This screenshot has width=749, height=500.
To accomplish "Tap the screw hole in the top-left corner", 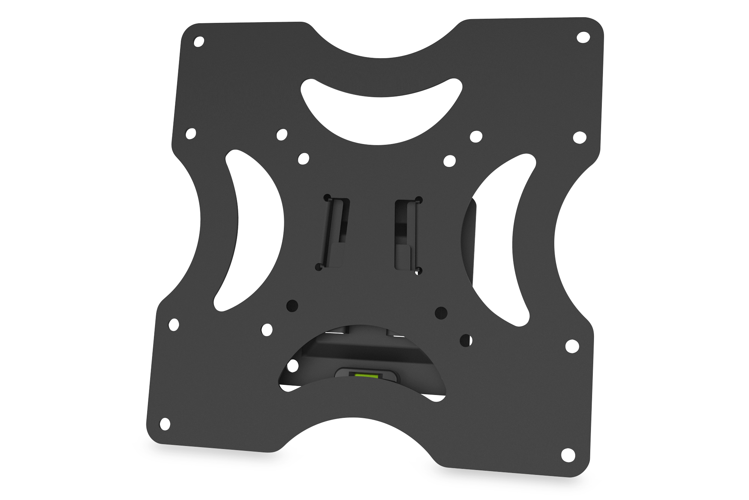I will pos(199,41).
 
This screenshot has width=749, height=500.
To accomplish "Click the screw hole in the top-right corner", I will pos(583,38).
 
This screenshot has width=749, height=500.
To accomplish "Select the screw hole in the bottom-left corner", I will pos(165,425).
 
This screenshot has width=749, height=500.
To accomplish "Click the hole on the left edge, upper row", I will pos(191,133).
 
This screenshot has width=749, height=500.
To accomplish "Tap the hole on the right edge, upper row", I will pos(579,138).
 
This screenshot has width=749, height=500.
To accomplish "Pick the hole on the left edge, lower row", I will pos(174,325).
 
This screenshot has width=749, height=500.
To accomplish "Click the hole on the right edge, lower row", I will pos(571,346).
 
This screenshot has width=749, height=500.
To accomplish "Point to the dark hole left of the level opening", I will pos(292,305).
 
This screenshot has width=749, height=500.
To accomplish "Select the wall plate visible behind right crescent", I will pos(470,240).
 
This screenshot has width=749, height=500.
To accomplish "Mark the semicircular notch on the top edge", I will pos(382,41).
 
